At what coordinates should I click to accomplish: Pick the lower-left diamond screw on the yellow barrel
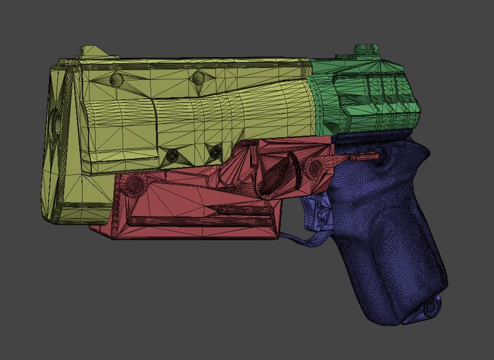coord(172,154)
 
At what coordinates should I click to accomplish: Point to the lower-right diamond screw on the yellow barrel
coord(215,152)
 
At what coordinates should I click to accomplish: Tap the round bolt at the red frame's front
coord(137,184)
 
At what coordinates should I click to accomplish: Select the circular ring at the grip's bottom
coord(429,308)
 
